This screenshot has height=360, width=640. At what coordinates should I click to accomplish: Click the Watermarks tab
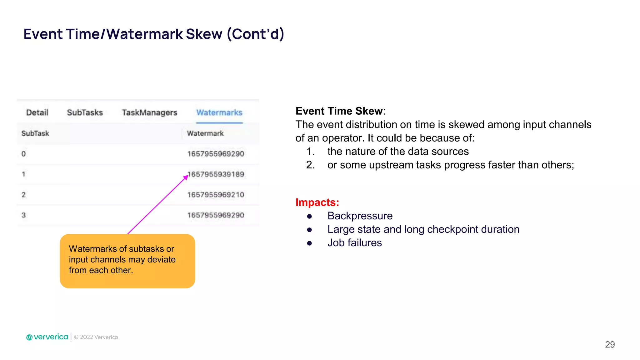pos(219,112)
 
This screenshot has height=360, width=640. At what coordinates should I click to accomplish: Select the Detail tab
pos(37,112)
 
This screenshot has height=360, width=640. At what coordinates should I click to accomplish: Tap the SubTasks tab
pos(85,112)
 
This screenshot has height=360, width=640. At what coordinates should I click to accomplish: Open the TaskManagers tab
pos(149,112)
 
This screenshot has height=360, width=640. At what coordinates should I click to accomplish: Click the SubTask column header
pos(35,133)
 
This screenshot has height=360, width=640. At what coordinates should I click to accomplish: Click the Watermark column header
pos(205,133)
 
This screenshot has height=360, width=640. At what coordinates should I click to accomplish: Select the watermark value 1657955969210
pos(216,195)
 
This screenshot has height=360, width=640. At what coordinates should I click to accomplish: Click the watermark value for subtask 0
pos(216,154)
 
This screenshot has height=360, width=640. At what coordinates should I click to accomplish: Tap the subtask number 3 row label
pos(24,215)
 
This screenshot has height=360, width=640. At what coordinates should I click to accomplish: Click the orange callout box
pos(127,261)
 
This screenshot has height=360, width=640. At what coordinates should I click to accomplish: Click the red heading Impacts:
pos(317,202)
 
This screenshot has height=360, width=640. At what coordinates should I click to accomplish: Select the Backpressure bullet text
pos(360,216)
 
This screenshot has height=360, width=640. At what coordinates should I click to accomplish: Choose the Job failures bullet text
pos(354,243)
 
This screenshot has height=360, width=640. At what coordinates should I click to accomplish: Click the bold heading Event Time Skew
pos(339,111)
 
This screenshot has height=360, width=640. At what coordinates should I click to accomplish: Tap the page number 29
pos(610,344)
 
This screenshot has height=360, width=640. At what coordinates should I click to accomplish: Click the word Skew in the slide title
pos(204,34)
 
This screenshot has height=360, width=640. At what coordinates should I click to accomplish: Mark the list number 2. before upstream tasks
pos(310,165)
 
